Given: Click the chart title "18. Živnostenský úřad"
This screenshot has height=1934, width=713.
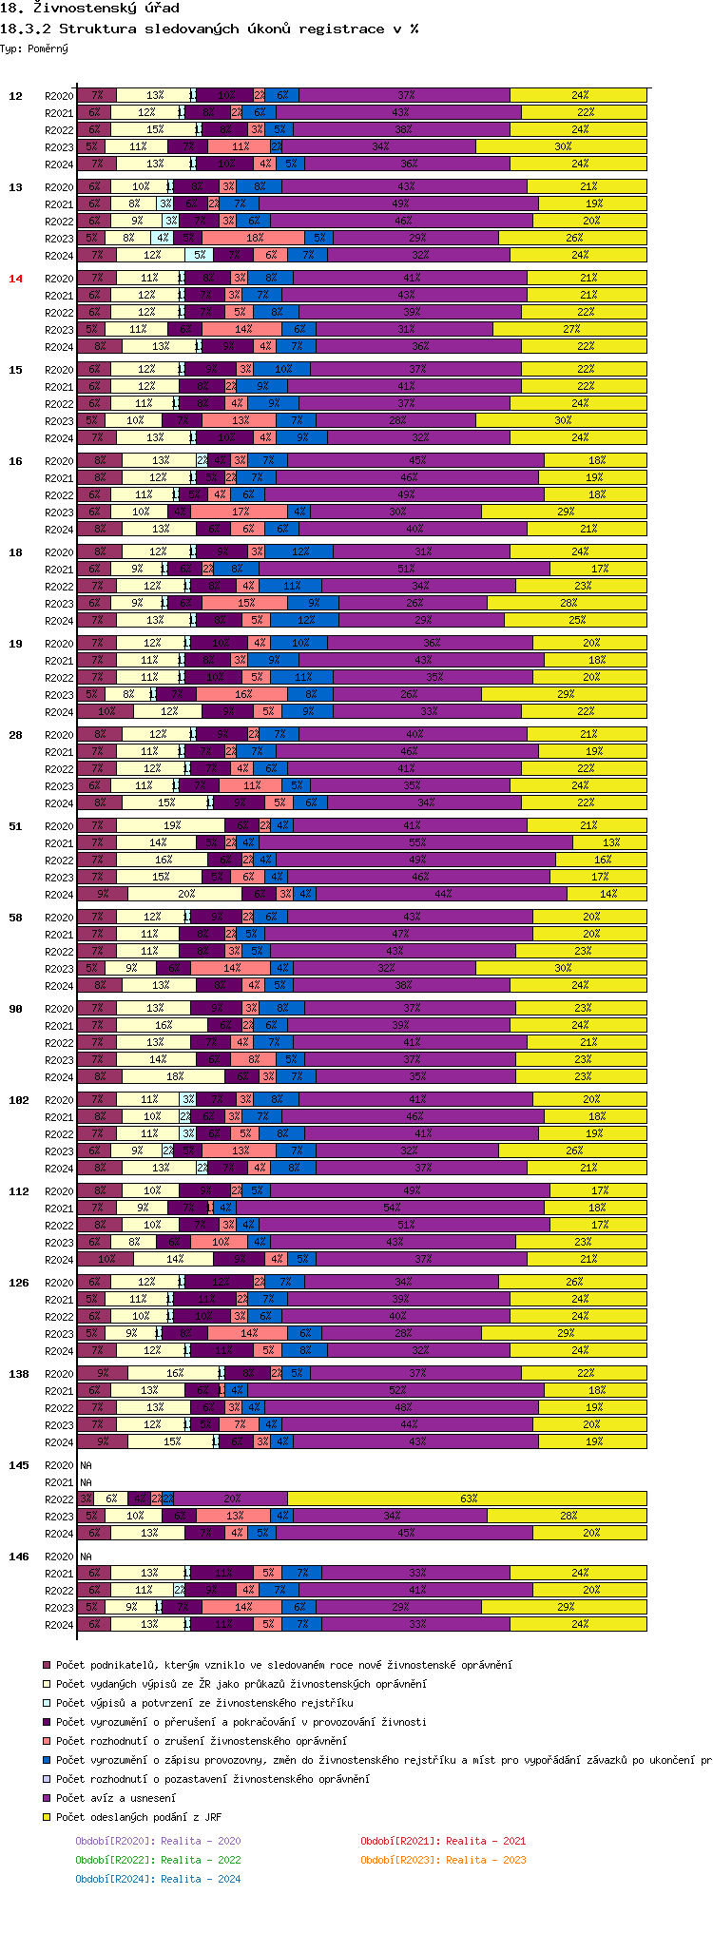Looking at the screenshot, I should tap(90, 9).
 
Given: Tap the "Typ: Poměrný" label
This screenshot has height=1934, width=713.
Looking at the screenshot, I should tap(34, 48).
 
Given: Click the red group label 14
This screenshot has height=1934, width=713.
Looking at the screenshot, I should tap(15, 279).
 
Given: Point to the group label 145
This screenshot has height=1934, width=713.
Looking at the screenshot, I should tap(19, 1465).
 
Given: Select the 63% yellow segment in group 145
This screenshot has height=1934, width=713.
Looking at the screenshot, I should tap(468, 1499).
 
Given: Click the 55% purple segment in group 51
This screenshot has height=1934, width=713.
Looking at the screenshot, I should tap(416, 843).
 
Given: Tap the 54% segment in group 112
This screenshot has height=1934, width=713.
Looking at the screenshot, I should tap(391, 1209).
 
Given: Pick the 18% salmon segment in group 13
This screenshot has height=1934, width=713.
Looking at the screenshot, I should tap(254, 239).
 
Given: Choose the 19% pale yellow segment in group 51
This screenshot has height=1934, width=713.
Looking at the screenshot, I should tap(171, 826).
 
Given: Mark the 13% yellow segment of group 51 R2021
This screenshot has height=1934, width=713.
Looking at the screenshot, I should tap(610, 843).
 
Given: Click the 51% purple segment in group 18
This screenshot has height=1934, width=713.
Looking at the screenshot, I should tap(405, 570).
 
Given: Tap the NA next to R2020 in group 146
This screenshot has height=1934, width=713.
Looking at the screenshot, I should tap(87, 1557).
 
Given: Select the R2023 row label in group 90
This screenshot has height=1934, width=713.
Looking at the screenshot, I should tap(59, 1060).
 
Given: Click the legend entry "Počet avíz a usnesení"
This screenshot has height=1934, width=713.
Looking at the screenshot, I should tap(115, 1798).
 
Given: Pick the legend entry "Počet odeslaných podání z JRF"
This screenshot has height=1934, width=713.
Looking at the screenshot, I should tap(138, 1817).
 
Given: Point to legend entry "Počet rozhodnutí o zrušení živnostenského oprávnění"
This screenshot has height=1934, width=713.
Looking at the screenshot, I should tap(201, 1741).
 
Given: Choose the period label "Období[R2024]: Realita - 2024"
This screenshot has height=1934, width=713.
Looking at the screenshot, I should tap(158, 1879).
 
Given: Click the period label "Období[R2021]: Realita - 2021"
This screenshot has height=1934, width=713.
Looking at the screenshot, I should tap(443, 1841).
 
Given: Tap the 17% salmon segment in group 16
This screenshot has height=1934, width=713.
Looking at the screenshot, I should tap(241, 513).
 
